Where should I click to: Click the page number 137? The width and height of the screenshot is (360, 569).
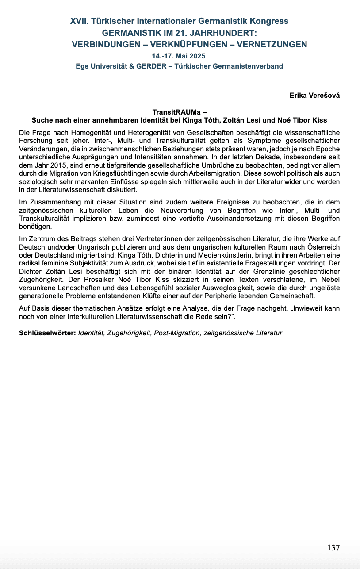click(333, 548)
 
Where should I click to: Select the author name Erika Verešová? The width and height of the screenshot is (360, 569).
click(314, 95)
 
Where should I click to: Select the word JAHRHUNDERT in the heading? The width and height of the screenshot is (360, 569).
click(221, 33)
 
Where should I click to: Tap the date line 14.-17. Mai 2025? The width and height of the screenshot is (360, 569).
click(179, 56)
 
